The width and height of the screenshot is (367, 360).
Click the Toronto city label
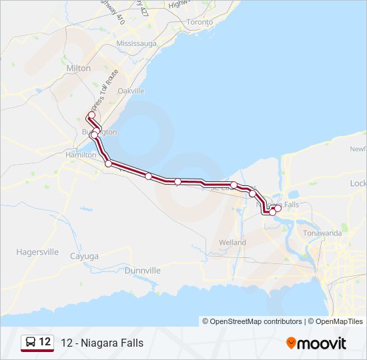tap(200, 22)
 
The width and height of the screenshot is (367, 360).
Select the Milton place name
tap(79, 68)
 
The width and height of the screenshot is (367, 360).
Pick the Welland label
tap(232, 243)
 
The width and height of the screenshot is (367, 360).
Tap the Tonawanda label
tap(322, 233)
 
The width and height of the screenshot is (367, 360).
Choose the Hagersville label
tap(37, 253)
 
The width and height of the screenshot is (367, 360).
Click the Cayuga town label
tap(84, 256)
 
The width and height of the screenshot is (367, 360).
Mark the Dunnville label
tap(143, 271)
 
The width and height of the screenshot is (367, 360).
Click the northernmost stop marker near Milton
tap(91, 115)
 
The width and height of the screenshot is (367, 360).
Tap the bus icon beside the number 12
tap(31, 343)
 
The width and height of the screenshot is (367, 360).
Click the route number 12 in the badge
tap(45, 342)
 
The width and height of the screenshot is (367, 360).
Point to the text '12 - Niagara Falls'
tap(102, 343)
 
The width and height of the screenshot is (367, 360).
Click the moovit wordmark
tap(322, 343)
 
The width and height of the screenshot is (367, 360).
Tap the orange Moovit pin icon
tap(291, 343)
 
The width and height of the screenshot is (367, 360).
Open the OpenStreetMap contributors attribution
tap(256, 321)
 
